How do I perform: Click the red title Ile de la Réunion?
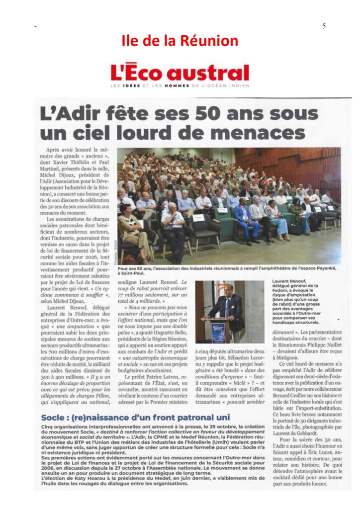180,40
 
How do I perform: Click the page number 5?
324,26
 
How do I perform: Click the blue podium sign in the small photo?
218,332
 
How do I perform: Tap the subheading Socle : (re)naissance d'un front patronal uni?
136,417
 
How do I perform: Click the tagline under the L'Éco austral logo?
180,87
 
